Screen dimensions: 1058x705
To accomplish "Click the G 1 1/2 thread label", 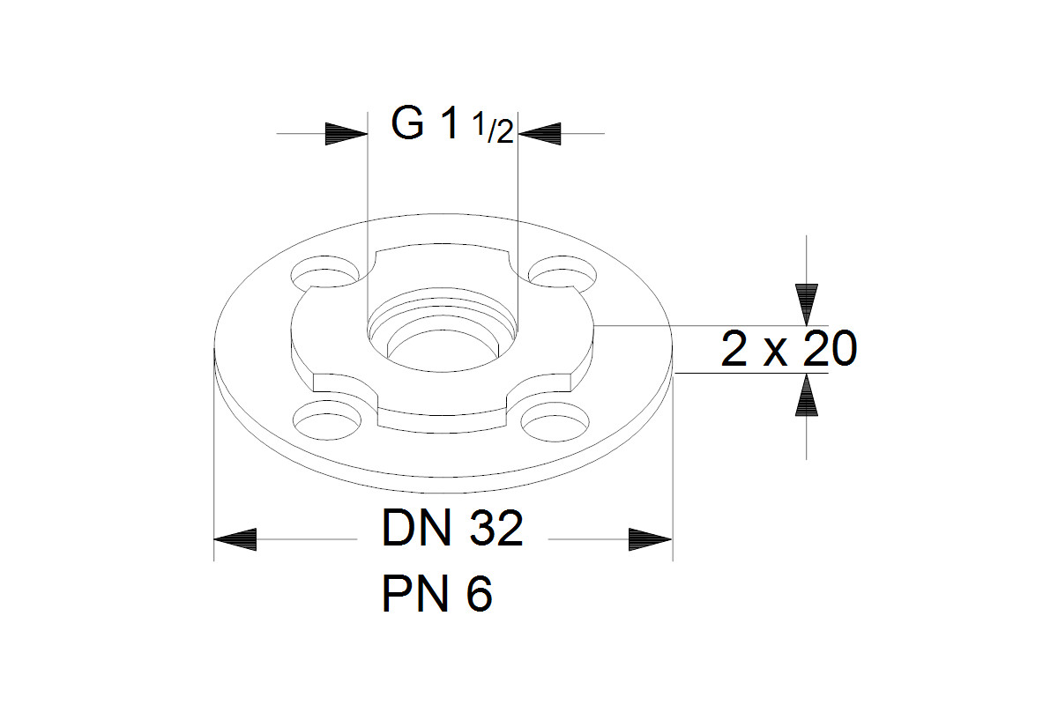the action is pos(452,124).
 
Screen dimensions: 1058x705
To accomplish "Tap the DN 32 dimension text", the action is pos(452,528).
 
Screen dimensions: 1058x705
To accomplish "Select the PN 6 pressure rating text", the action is pos(437,594).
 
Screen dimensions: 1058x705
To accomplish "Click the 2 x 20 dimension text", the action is pos(789,349).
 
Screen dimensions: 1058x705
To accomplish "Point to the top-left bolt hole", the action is pos(324,272).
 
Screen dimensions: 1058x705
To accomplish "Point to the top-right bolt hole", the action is pos(563,272).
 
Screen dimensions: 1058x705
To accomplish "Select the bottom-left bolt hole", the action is pos(327,419).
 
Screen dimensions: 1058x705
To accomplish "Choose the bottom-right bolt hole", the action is pos(555,421).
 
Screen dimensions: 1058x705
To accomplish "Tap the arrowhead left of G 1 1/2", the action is pos(346,134).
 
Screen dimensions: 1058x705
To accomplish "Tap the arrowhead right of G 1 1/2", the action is pos(540,134).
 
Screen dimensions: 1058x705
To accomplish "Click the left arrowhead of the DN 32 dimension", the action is pos(235,539).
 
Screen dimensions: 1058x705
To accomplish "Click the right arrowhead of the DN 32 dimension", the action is pos(651,539).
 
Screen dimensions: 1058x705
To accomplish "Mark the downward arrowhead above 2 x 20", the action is pos(806,305).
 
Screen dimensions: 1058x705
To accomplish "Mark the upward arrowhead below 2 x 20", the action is pos(806,395).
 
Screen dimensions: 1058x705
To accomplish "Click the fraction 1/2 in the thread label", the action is pos(493,129).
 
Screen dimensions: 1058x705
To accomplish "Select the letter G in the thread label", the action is pos(407,124).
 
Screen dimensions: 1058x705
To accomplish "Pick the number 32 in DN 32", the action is pos(495,528).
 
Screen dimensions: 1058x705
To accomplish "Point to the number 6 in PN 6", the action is pos(480,594).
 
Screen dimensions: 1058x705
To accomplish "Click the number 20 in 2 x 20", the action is pos(830,349).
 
